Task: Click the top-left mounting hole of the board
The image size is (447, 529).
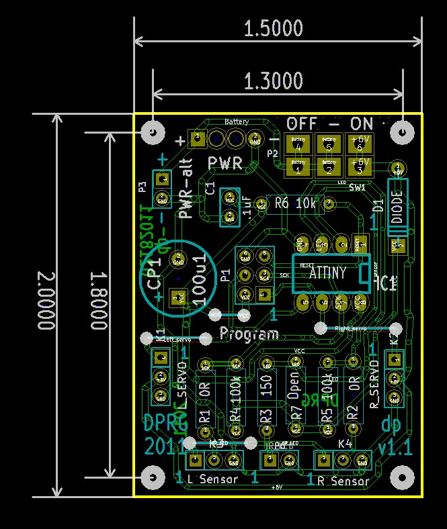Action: [154, 132]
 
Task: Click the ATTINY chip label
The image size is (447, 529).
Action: [327, 273]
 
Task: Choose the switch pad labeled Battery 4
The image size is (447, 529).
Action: [298, 143]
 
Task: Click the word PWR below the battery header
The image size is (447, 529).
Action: [225, 163]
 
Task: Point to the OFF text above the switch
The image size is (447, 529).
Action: [302, 124]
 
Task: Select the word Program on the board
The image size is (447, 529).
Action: [249, 334]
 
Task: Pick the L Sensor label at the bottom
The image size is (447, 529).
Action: [213, 480]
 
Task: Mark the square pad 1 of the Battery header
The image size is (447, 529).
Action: [197, 139]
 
